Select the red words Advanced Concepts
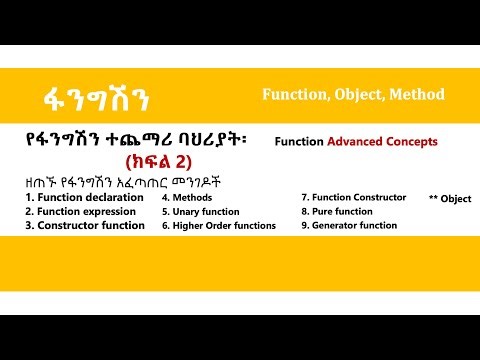386,142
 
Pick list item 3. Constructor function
85,226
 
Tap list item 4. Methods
189,197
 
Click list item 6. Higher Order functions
218,226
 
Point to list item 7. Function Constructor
353,197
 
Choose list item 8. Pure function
336,211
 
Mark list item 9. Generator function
349,226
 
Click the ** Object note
449,199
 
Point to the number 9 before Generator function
304,226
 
